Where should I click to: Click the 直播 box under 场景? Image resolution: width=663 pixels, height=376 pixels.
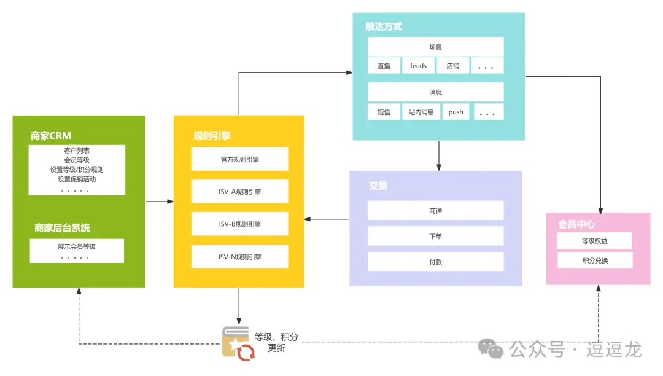pyautogui.click(x=384, y=66)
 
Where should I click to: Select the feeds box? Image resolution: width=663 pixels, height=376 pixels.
pyautogui.click(x=418, y=66)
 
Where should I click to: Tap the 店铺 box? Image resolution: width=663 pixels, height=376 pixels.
pyautogui.click(x=453, y=66)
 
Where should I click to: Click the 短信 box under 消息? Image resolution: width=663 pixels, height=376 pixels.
pyautogui.click(x=384, y=112)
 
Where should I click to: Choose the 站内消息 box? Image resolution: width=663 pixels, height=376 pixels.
pyautogui.click(x=421, y=112)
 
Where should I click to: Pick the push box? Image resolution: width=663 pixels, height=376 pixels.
pyautogui.click(x=456, y=112)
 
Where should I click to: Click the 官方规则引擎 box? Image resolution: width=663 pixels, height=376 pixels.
pyautogui.click(x=239, y=159)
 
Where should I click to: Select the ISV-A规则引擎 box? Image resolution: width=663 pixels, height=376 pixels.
pyautogui.click(x=239, y=191)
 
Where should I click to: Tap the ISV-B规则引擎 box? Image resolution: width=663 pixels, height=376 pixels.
pyautogui.click(x=239, y=224)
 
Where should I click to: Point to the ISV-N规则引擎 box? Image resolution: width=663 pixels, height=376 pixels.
pyautogui.click(x=239, y=256)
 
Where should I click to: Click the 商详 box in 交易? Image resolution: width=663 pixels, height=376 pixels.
pyautogui.click(x=435, y=211)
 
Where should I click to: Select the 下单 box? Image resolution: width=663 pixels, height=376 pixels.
pyautogui.click(x=435, y=236)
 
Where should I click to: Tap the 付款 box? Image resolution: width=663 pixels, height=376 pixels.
pyautogui.click(x=435, y=261)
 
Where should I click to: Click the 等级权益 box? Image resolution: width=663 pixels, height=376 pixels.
pyautogui.click(x=594, y=241)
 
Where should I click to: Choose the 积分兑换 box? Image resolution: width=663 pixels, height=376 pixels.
pyautogui.click(x=594, y=260)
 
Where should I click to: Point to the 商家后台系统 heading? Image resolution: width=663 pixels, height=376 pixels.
pyautogui.click(x=63, y=228)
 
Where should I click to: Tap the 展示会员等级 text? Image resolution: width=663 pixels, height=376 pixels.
pyautogui.click(x=77, y=246)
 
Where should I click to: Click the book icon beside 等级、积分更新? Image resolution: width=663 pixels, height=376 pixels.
pyautogui.click(x=236, y=343)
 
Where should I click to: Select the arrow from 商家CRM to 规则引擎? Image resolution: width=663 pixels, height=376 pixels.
pyautogui.click(x=160, y=201)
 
